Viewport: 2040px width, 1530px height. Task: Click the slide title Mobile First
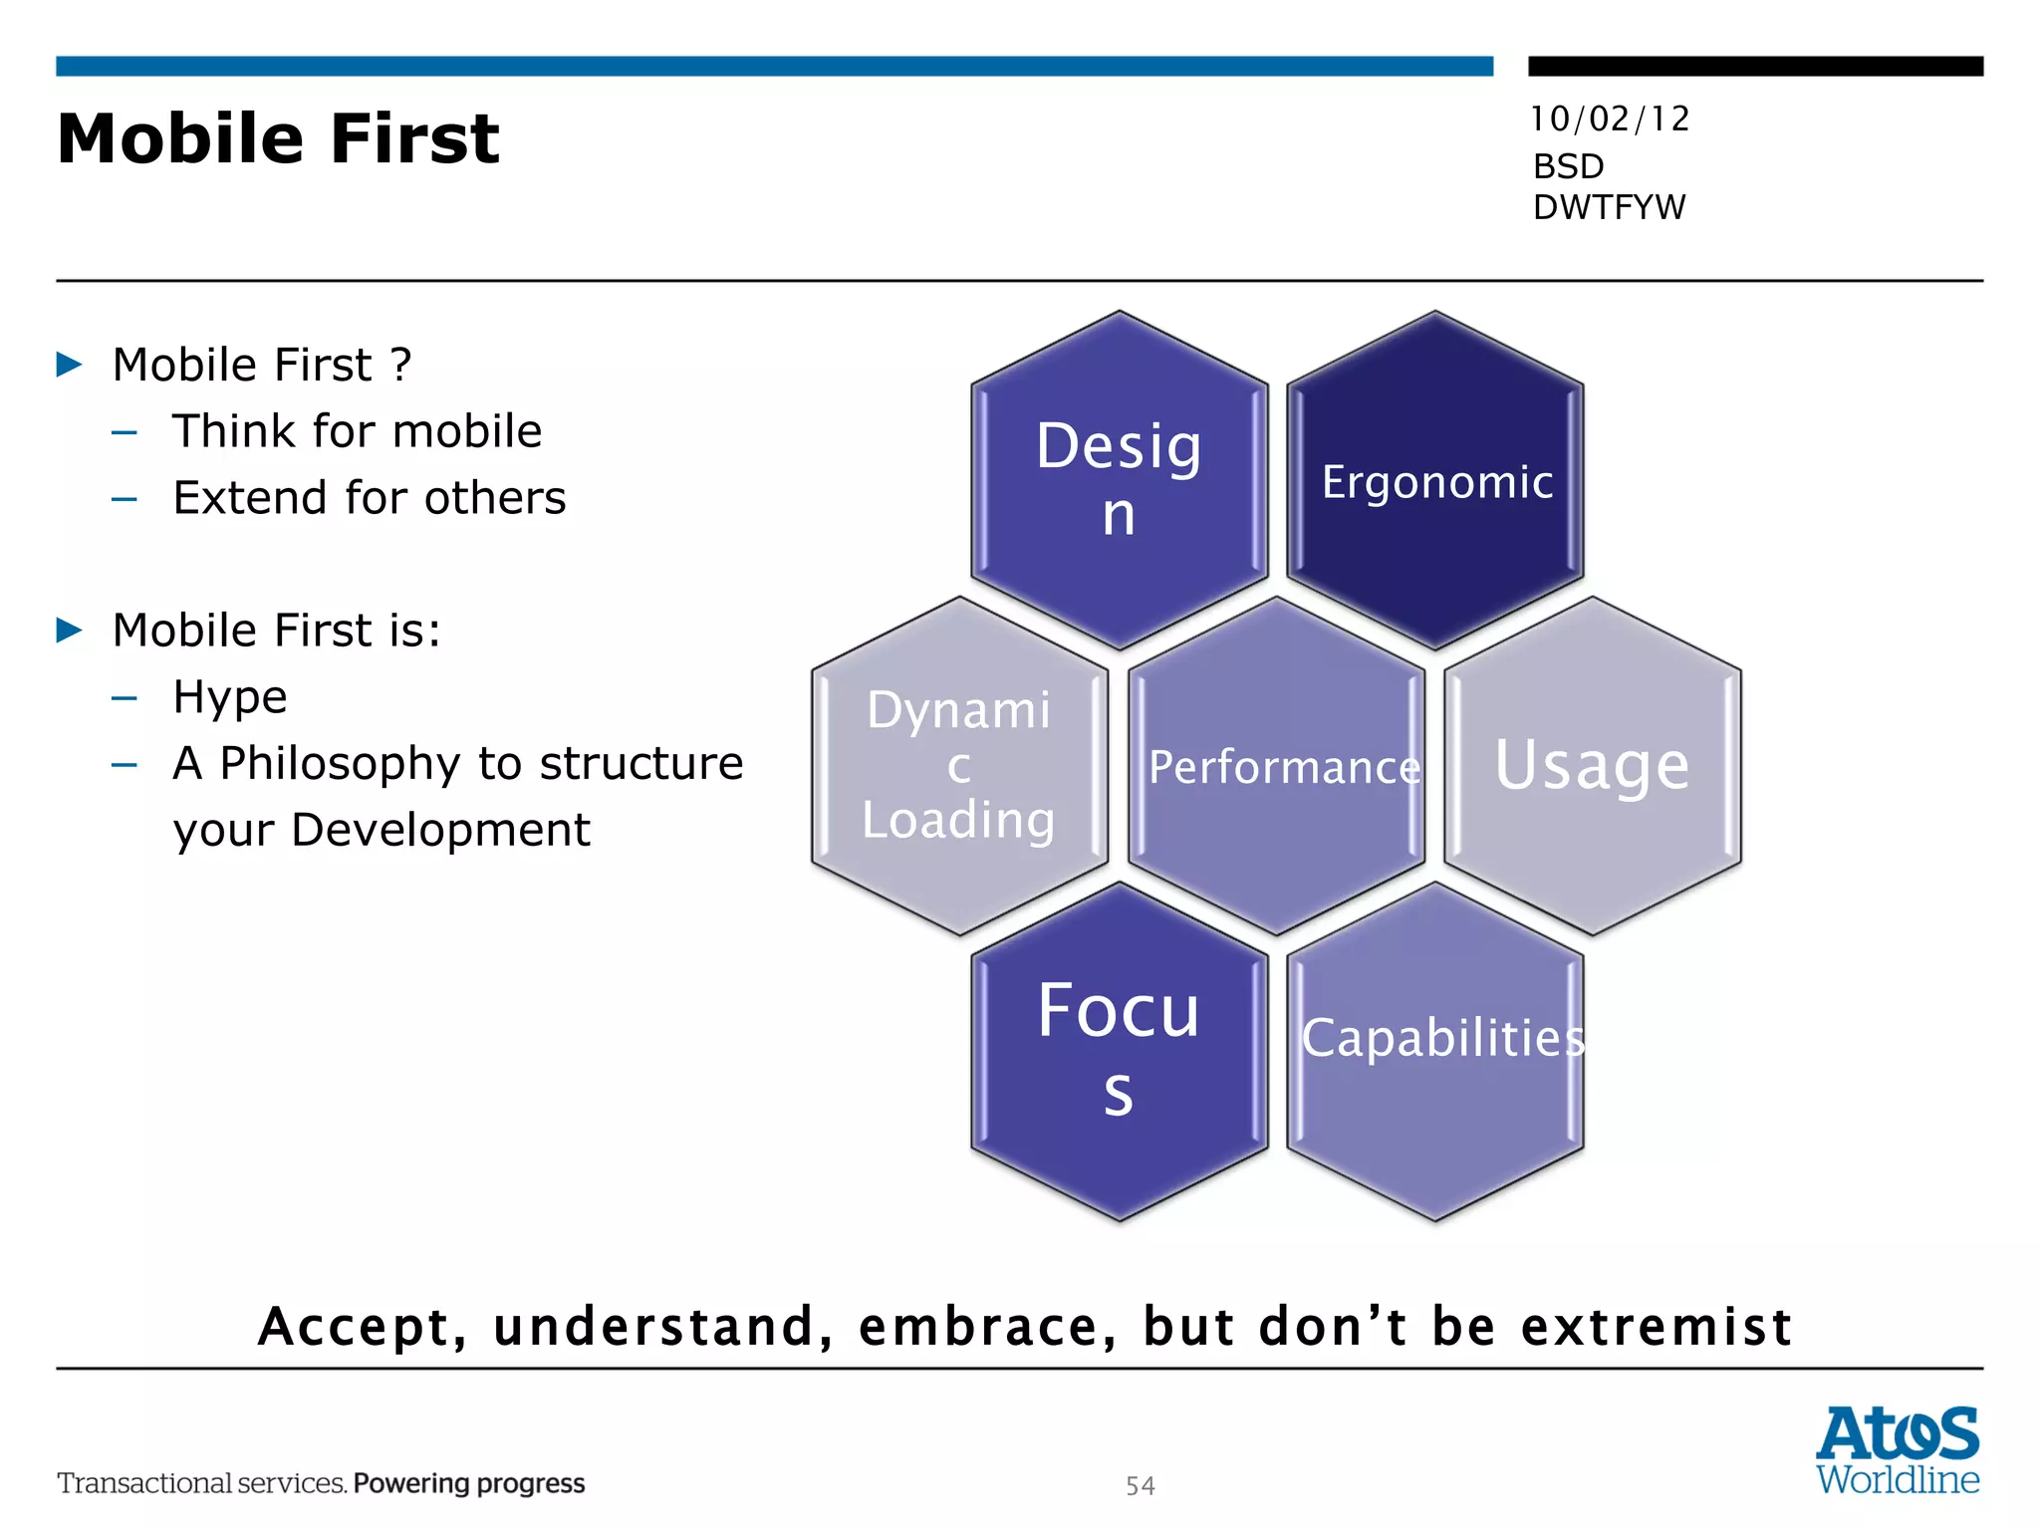tap(278, 138)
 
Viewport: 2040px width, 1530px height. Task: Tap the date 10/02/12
tap(1610, 120)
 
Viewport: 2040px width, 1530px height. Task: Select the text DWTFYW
tap(1609, 207)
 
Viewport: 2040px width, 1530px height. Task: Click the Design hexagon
tap(1119, 480)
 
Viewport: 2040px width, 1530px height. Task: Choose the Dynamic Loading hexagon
tap(958, 765)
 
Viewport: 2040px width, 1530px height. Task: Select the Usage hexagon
tap(1592, 765)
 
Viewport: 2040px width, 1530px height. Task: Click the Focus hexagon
tap(1119, 1050)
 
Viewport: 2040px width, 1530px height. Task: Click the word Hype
tap(230, 697)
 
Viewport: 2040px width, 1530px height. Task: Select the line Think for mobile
tap(357, 431)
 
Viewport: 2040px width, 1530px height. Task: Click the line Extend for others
tap(369, 498)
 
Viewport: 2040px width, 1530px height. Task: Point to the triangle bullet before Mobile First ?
tap(69, 365)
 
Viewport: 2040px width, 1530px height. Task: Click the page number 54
tap(1141, 1485)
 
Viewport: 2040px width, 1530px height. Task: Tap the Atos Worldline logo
tap(1898, 1449)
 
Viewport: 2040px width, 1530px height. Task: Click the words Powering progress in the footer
tap(469, 1483)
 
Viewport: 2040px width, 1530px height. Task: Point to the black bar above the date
tap(1755, 67)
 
